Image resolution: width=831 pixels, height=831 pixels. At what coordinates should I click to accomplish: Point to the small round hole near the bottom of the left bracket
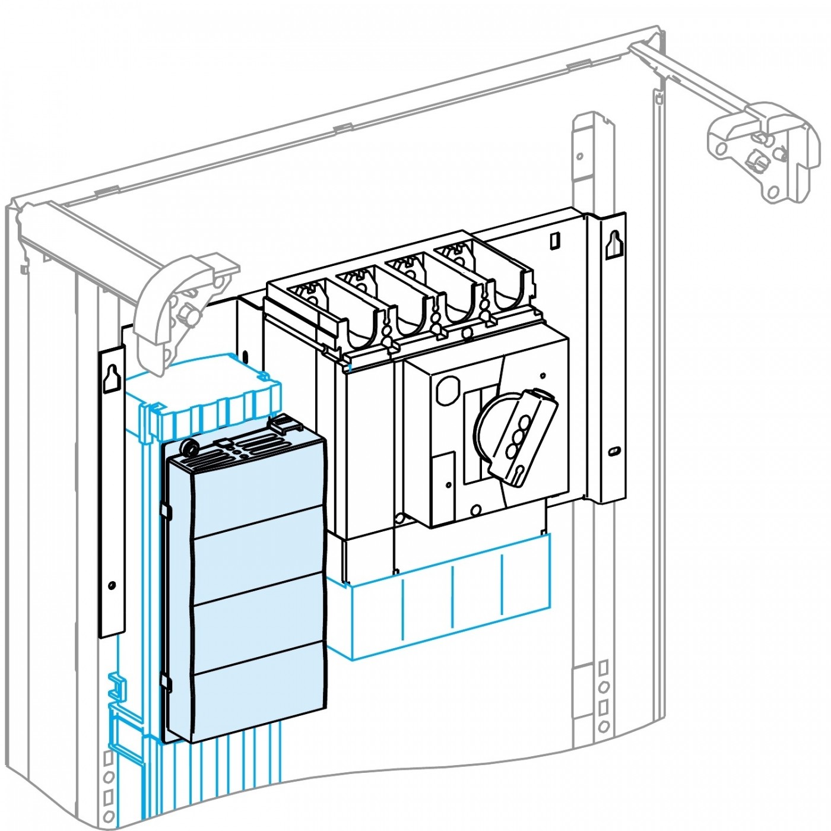(x=112, y=586)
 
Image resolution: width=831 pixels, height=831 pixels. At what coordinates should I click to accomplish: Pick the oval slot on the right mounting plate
(x=613, y=452)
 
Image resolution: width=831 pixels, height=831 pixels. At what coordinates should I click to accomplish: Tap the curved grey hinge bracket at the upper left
(x=172, y=309)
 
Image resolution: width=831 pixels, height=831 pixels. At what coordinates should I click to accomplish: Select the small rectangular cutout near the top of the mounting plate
(x=554, y=240)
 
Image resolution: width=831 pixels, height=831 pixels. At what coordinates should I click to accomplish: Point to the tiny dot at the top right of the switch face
(x=543, y=375)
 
